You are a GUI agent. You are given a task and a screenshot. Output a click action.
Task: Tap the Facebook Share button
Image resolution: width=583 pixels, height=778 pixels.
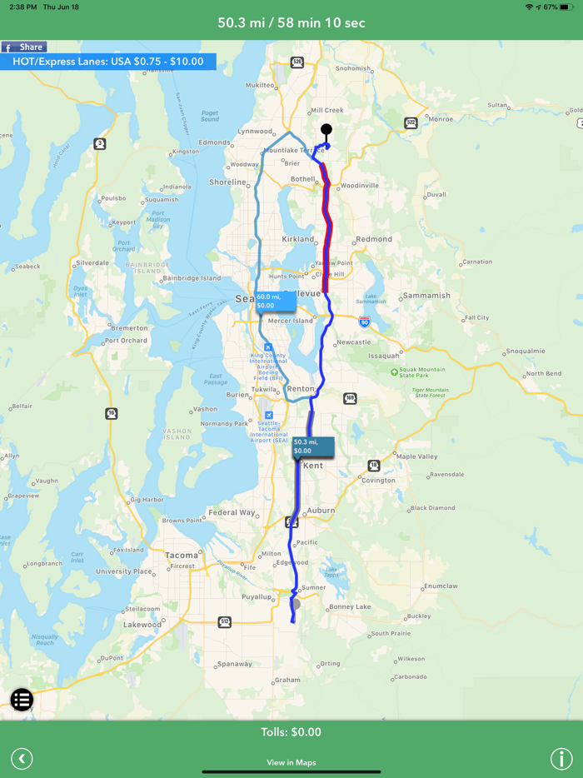(23, 47)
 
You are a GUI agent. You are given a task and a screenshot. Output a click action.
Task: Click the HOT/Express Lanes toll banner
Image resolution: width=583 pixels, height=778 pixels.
(108, 62)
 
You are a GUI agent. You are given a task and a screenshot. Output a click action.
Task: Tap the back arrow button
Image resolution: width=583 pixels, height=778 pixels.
(22, 759)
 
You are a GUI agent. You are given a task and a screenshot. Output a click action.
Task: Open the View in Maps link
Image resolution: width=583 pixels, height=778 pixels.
(291, 762)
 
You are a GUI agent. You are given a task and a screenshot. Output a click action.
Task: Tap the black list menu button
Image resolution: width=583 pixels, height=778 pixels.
(22, 700)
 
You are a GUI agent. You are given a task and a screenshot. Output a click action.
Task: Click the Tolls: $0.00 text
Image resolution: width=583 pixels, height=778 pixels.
(291, 732)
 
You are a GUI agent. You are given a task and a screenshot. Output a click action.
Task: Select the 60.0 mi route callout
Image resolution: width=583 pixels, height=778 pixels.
(275, 301)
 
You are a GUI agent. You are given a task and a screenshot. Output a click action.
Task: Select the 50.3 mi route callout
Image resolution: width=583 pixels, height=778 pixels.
(312, 446)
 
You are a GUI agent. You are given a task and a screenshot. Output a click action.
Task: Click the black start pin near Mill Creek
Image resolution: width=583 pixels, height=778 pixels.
(326, 130)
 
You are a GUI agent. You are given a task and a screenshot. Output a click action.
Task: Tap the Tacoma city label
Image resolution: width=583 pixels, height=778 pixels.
(182, 555)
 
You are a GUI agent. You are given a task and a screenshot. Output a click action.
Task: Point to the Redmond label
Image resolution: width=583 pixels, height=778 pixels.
(373, 239)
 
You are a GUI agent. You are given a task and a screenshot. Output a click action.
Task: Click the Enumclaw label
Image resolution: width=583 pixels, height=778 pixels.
(441, 586)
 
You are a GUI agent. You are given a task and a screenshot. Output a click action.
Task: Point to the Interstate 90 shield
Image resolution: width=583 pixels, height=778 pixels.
(364, 321)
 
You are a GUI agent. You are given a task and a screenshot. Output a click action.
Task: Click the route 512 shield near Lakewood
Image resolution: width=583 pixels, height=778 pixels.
(225, 622)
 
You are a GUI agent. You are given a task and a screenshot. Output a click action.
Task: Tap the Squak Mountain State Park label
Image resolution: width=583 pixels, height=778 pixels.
(422, 372)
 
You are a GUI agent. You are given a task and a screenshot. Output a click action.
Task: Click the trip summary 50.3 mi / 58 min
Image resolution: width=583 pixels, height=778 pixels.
(291, 22)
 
